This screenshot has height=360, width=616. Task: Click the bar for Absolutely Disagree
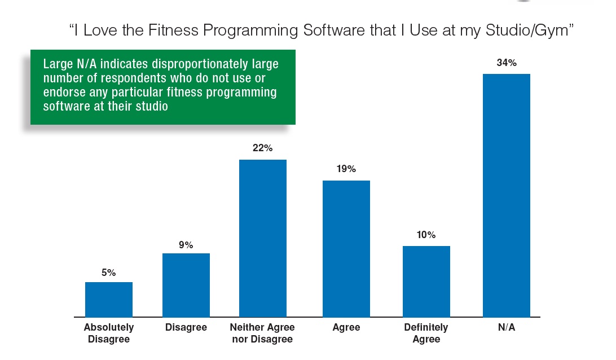pos(109,300)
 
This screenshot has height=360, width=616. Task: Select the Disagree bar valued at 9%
pos(186,285)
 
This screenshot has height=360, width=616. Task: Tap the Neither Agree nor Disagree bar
pos(263,238)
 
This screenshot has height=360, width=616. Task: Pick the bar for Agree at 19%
pos(346,249)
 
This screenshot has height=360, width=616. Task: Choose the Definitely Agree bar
pos(426,282)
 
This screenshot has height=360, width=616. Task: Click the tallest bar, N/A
pos(507,195)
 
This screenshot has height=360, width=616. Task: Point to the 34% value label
pos(507,63)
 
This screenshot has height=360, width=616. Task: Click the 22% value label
pos(262,148)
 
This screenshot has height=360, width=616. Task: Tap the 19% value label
pos(346,169)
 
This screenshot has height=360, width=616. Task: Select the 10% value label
pos(426,235)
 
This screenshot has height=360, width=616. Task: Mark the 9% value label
pos(186,245)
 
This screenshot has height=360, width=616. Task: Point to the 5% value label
pos(109,273)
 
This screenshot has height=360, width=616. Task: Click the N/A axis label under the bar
pos(507,327)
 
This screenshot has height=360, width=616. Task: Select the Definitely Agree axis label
pos(426,333)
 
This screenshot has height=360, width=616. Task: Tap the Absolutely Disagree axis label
pos(109,333)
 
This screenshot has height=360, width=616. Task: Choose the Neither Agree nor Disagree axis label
pos(262,333)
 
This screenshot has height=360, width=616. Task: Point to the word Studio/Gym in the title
pos(527,31)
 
